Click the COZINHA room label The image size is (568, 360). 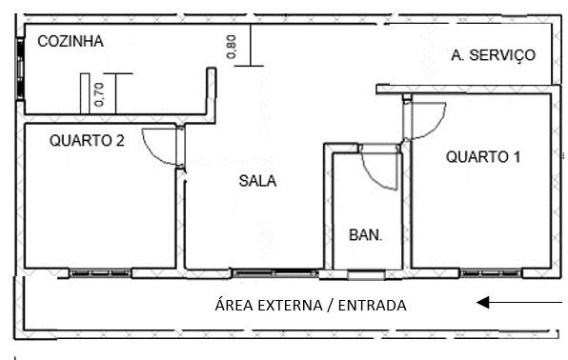[x=70, y=41]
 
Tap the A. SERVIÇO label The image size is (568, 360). [x=493, y=55]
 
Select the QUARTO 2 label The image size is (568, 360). [x=87, y=140]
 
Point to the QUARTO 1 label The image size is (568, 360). [x=483, y=157]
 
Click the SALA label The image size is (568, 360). [x=257, y=181]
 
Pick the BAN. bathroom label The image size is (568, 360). [x=365, y=234]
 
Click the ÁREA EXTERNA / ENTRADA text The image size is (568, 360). [x=311, y=306]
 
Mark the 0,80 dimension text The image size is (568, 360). [x=232, y=47]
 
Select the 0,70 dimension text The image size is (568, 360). [x=99, y=92]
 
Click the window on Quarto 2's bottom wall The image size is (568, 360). [x=100, y=273]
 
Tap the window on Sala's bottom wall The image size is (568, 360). [x=275, y=273]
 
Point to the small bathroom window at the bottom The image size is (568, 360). [x=362, y=276]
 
